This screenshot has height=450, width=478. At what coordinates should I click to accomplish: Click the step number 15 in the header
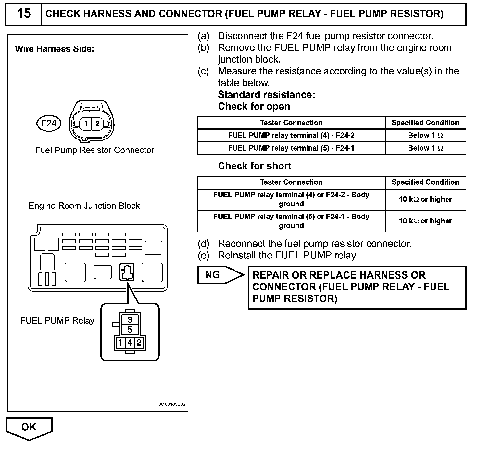pos(24,14)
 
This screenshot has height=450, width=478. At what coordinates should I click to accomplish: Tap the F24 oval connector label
pos(49,123)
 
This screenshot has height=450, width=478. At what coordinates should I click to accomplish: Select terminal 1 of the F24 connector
pos(86,124)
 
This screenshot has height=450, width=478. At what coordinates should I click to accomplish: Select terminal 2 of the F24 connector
pos(97,124)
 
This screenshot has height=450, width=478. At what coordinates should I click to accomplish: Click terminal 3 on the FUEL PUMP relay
pos(130,319)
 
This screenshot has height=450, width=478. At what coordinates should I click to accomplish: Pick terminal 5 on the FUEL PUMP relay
pos(130,330)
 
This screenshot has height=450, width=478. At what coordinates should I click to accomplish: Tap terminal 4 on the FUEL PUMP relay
pos(130,343)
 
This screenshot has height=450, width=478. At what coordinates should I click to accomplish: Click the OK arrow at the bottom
pos(29,427)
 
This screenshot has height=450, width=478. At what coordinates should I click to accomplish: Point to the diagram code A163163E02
pos(172,404)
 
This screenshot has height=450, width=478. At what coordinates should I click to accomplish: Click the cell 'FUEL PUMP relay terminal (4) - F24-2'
pos(291,135)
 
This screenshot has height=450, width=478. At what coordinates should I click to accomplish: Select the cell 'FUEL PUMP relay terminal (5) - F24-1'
pos(291,148)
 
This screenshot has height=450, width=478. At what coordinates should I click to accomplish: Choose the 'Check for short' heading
pos(255,166)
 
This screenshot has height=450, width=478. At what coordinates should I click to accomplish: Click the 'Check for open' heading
pos(254,106)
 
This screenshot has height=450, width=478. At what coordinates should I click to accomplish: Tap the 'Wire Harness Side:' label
pos(55,49)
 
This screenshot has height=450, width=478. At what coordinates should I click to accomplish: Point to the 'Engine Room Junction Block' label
pos(84,206)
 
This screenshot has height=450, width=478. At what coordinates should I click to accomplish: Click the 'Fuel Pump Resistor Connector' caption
pos(94,150)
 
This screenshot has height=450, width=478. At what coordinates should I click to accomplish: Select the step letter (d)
pos(204,244)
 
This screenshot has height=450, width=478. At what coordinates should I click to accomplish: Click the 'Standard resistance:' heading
pos(267,95)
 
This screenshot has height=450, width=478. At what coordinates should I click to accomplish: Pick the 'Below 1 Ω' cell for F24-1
pos(425,148)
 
